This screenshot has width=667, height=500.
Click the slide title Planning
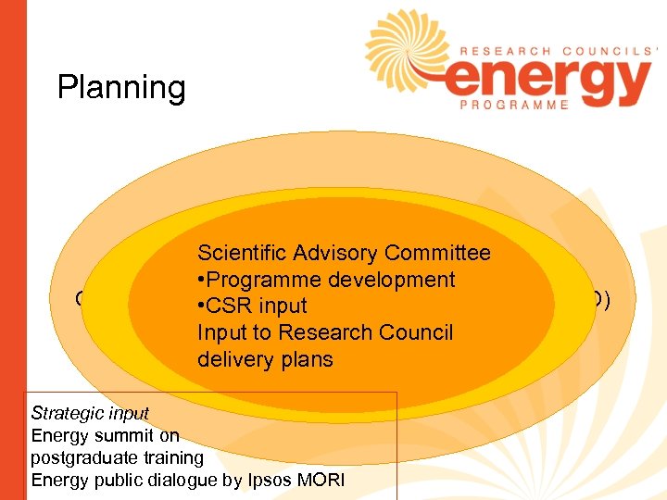121,88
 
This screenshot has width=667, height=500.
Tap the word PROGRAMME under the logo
515,106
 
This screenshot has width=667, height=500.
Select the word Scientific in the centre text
243,253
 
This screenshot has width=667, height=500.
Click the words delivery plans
265,359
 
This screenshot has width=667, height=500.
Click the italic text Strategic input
90,413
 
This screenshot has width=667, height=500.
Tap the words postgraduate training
117,457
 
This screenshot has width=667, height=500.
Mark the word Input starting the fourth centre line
220,332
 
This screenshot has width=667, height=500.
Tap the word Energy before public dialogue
57,480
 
